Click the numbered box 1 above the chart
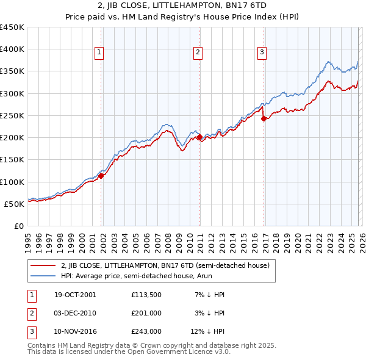point(99,53)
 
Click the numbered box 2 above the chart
point(198,53)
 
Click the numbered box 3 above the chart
point(262,53)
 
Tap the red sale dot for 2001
point(101,176)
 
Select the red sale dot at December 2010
point(200,137)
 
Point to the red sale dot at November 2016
point(264,119)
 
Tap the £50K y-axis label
point(15,204)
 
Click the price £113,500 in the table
point(146,295)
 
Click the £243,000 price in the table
point(146,331)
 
